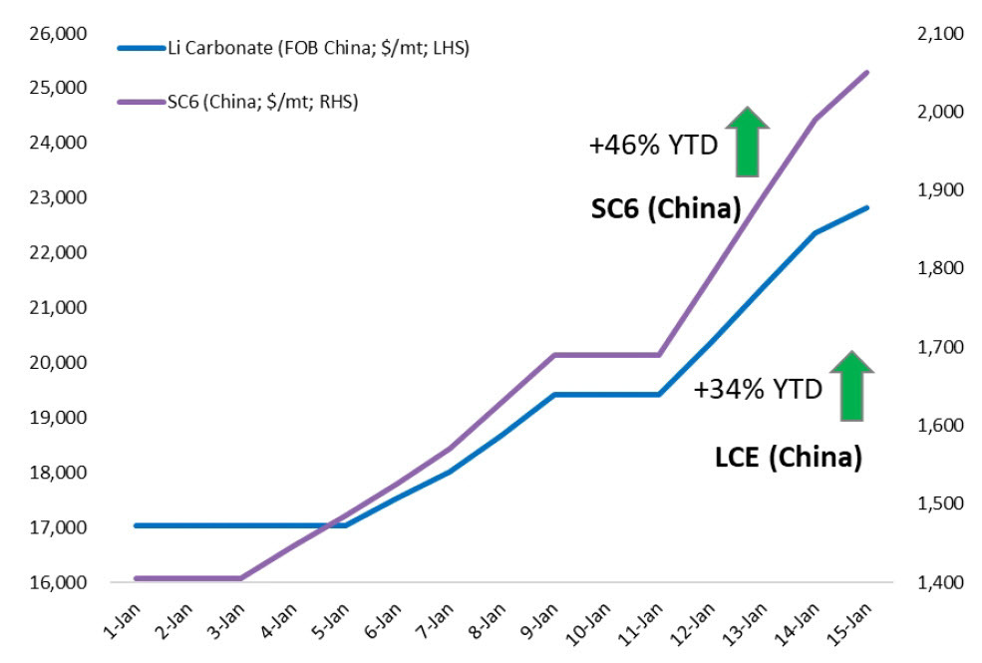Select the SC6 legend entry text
(x=259, y=101)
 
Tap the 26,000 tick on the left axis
(x=60, y=34)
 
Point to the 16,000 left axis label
(x=60, y=582)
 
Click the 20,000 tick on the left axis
(x=60, y=363)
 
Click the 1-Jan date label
(x=123, y=621)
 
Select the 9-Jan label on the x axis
(x=540, y=621)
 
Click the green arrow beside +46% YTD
(x=747, y=141)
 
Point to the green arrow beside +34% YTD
(x=850, y=385)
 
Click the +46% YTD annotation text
(x=652, y=146)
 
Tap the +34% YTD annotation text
(x=758, y=390)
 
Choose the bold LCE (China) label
(x=788, y=458)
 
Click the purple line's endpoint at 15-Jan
(x=867, y=72)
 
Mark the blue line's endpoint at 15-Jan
(x=867, y=207)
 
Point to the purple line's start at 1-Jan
(x=136, y=578)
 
